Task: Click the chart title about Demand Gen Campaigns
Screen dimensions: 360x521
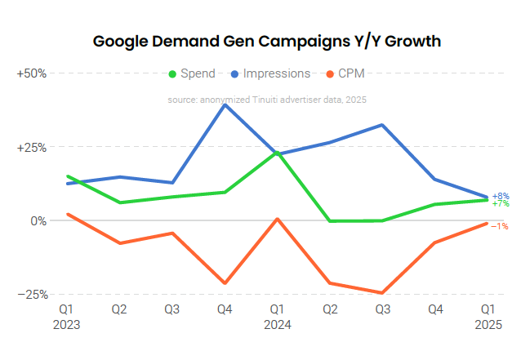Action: click(267, 41)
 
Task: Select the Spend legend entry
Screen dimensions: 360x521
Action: click(192, 73)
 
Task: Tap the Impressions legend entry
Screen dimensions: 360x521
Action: click(270, 73)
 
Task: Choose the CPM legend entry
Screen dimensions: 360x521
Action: click(345, 73)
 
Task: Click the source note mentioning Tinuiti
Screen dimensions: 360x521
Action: click(267, 100)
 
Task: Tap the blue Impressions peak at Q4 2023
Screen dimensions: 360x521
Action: click(225, 104)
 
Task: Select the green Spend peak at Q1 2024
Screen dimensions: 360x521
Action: click(277, 152)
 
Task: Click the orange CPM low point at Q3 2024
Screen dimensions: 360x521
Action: click(382, 293)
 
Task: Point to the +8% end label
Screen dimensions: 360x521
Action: click(501, 196)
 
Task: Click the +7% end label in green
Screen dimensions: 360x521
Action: click(501, 204)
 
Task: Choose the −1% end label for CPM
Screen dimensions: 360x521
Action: click(501, 226)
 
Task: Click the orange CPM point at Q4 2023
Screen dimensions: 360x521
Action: click(225, 283)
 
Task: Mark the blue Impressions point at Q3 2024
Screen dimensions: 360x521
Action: click(382, 125)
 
